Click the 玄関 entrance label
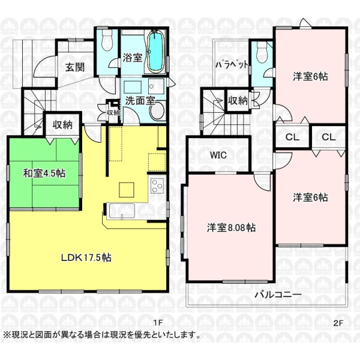click(75, 67)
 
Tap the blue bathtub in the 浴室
click(155, 52)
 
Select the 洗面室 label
click(140, 100)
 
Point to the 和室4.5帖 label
click(44, 173)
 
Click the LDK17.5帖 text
click(86, 257)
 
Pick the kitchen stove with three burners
click(157, 186)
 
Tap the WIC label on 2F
click(218, 155)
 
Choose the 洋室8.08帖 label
click(231, 227)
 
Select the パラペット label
click(232, 65)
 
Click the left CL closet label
click(293, 137)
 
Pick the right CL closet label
click(329, 137)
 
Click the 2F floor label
click(338, 323)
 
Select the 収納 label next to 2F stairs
click(238, 100)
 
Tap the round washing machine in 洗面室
click(157, 111)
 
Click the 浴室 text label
click(133, 58)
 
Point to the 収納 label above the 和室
click(62, 125)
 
